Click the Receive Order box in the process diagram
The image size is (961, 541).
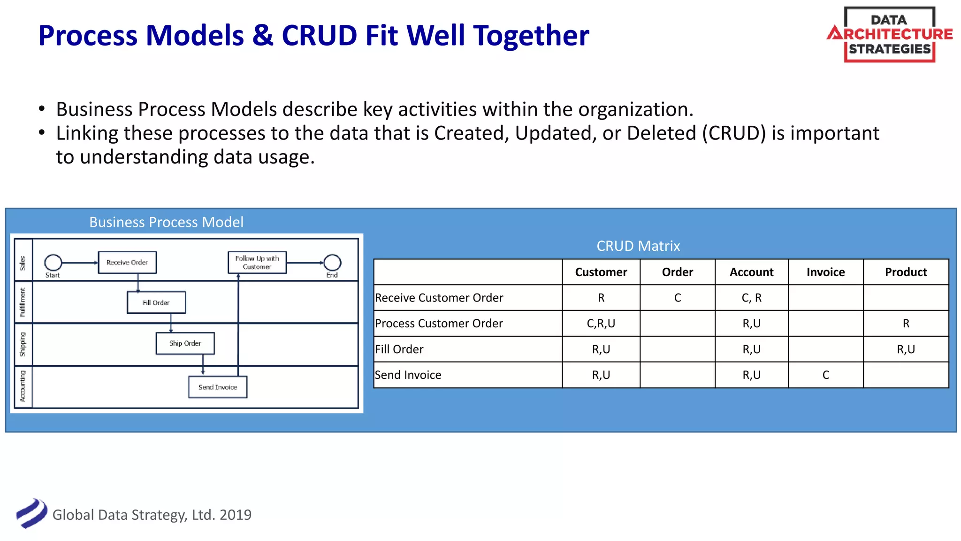(127, 263)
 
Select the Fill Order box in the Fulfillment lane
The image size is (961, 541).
(156, 302)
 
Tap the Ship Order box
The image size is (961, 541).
(185, 343)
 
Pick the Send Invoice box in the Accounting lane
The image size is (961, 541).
(218, 387)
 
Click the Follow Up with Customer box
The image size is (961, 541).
(257, 263)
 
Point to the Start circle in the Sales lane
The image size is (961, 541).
(53, 263)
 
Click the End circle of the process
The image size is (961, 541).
(332, 263)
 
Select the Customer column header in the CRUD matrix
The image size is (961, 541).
(601, 272)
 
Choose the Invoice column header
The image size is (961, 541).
(825, 272)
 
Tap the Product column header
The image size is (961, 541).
(906, 272)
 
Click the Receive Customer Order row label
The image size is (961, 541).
(439, 298)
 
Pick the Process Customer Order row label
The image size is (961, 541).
(439, 324)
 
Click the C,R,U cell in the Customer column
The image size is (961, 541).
(601, 324)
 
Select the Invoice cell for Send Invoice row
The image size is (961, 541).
(825, 375)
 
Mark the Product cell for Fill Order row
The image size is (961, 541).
(906, 349)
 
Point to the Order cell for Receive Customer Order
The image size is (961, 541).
(677, 298)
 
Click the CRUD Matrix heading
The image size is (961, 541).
(638, 246)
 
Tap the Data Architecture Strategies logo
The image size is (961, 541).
(890, 34)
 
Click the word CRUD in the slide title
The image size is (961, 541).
(319, 36)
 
